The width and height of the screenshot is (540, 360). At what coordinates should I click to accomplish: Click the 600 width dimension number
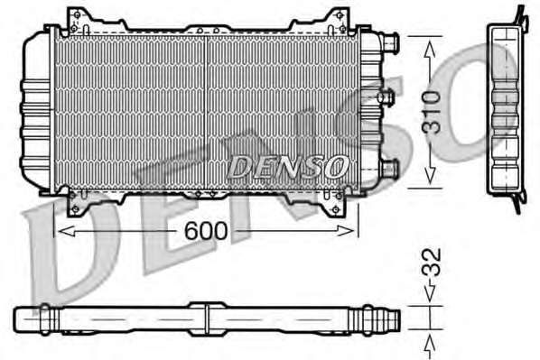tap(206, 231)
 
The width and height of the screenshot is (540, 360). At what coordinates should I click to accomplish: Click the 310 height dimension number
tap(431, 112)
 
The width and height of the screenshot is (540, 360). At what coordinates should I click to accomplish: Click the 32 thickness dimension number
tap(431, 262)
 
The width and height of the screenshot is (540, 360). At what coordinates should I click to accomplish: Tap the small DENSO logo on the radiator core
tap(287, 167)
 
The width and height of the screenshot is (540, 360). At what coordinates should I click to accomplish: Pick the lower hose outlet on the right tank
tap(389, 168)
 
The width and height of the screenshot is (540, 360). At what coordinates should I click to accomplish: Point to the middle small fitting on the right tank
tap(386, 97)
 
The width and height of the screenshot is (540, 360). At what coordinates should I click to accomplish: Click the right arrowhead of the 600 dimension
tap(346, 231)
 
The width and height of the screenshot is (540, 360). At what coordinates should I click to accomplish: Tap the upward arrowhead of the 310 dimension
tap(430, 49)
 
